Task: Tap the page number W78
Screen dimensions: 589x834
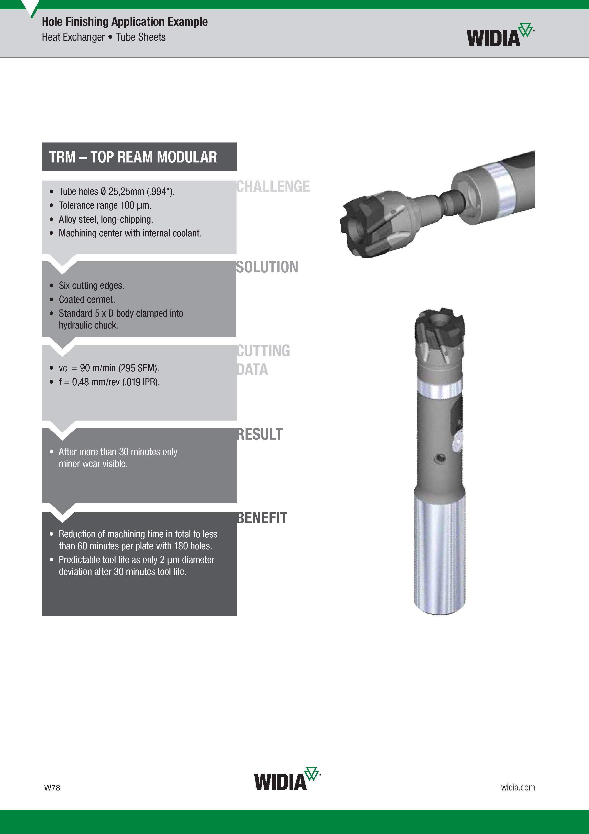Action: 52,788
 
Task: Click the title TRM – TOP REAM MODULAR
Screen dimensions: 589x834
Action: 133,157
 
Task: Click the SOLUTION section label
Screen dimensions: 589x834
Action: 267,267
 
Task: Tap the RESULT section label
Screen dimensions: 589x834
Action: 260,434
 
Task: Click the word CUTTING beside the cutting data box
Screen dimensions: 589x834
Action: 263,351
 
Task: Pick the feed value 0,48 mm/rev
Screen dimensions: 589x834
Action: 96,382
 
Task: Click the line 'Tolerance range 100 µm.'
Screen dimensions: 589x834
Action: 105,205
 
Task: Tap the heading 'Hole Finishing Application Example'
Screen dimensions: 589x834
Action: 125,22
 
